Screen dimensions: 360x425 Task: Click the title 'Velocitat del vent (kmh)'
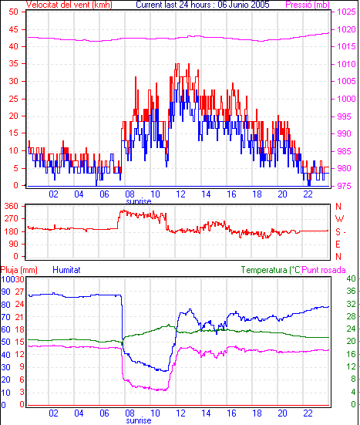pos(69,5)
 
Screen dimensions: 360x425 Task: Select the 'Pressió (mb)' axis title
pos(308,5)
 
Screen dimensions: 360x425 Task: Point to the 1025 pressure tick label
pos(346,12)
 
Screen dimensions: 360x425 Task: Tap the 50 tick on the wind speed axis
pos(13,12)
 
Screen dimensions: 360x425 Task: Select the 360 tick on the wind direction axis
pos(12,206)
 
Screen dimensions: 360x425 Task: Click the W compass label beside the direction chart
pos(339,218)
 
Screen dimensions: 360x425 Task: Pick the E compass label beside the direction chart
pos(338,245)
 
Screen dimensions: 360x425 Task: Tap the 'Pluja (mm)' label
pos(19,270)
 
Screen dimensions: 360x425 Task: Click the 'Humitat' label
pos(66,270)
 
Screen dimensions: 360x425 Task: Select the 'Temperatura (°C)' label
pos(271,270)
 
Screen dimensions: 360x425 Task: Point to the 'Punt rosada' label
pos(324,270)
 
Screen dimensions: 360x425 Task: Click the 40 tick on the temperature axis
pos(351,278)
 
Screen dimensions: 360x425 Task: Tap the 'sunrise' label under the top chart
pos(139,201)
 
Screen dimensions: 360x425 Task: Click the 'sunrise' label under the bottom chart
pos(139,420)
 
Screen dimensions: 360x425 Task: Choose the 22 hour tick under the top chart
pos(308,194)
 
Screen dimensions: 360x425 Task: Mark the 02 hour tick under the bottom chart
pos(53,413)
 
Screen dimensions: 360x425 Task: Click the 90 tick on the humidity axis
pos(5,292)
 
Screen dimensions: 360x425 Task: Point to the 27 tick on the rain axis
pos(19,292)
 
